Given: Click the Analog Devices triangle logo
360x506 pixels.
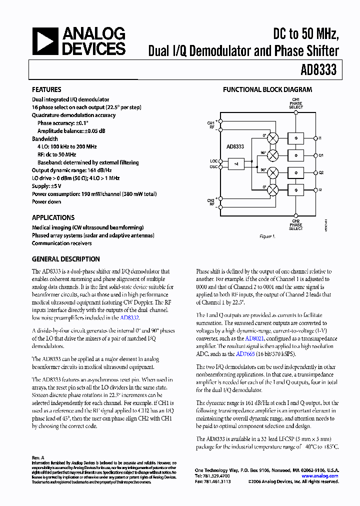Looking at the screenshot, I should click(45, 41).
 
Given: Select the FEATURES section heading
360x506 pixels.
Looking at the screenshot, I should click(46, 90).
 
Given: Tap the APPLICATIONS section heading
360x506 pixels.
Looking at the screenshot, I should click(53, 217).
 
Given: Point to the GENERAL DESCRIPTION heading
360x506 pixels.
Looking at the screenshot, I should click(65, 259).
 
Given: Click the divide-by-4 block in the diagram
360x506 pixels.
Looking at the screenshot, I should click(236, 163).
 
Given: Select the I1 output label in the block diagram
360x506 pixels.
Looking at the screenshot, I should click(320, 137).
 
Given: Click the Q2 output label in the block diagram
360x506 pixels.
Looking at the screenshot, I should click(321, 172).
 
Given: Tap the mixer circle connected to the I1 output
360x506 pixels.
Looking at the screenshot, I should click(273, 137).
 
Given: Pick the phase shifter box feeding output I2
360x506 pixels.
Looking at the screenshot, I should click(296, 190).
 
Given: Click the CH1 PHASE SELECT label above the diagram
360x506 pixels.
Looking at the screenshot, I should click(295, 103).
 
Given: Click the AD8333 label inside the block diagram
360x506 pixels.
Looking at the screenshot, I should click(235, 146).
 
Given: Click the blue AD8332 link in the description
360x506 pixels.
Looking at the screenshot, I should click(129, 317).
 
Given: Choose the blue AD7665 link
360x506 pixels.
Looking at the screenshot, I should click(245, 354).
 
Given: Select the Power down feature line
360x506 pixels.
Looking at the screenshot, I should click(46, 202).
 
